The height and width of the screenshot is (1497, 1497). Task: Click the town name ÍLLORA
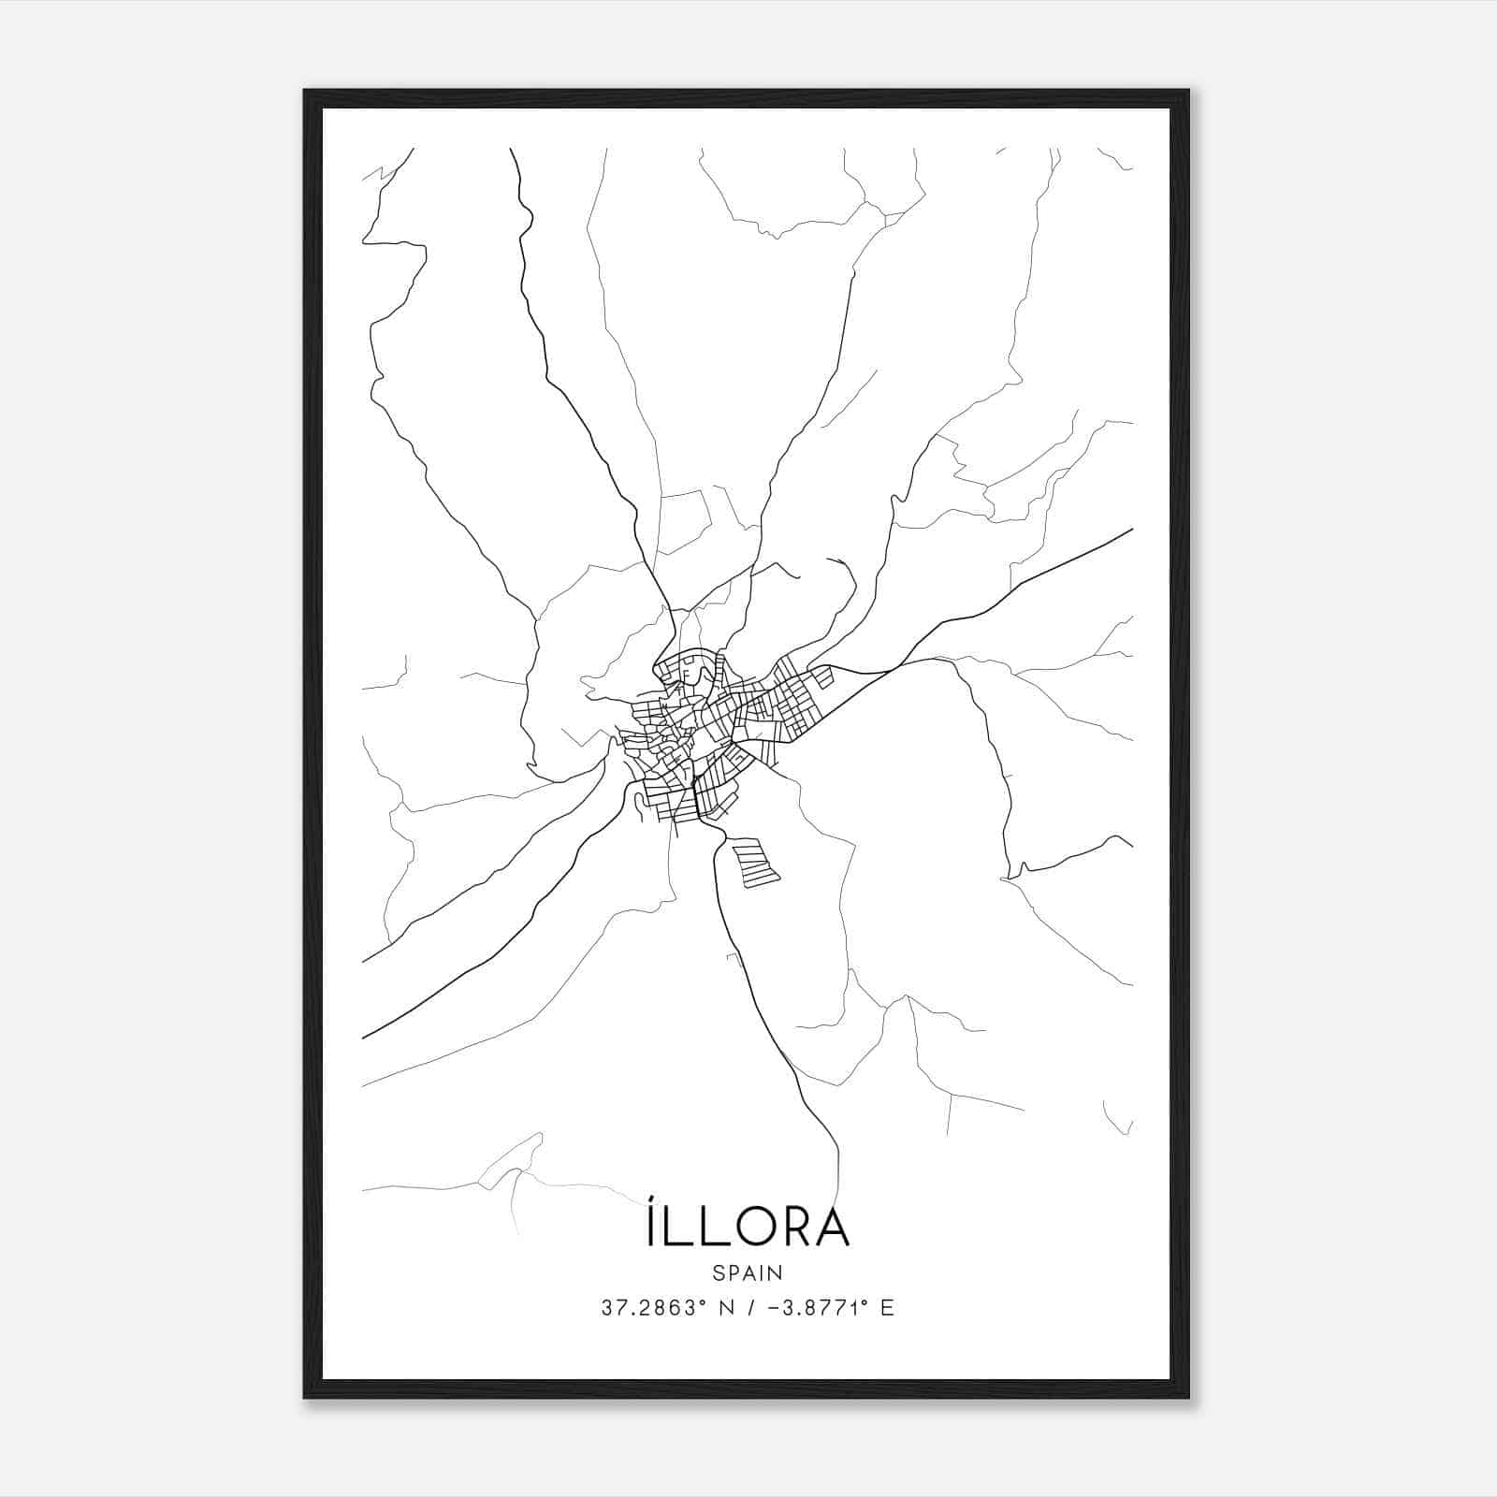point(748,1227)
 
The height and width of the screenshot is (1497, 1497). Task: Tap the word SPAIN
point(748,1272)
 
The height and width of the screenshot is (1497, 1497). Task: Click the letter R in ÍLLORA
point(793,1228)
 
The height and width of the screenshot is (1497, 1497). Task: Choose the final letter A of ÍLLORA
point(832,1228)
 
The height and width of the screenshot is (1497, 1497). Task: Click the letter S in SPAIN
point(718,1272)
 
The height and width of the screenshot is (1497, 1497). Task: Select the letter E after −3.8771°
point(887,1308)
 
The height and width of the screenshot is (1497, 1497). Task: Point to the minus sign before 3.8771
point(773,1308)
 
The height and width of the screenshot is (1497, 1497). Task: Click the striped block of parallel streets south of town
point(756,863)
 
